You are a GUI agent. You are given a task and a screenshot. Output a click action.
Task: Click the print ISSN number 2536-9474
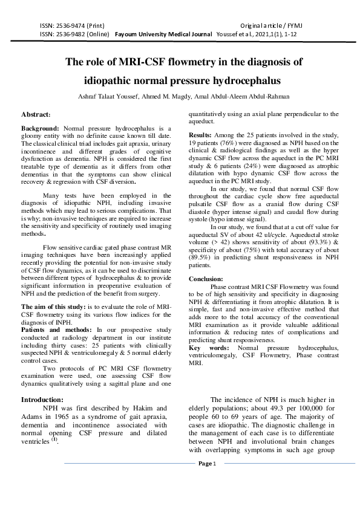point(68,27)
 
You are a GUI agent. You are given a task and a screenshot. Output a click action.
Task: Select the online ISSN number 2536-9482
point(68,35)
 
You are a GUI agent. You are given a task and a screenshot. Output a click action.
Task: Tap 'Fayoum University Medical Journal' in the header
point(163,35)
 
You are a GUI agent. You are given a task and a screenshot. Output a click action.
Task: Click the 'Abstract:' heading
point(36,114)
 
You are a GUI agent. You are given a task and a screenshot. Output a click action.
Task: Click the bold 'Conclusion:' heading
point(206,279)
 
